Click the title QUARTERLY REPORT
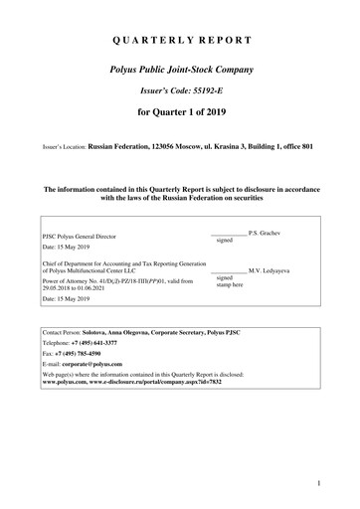pyautogui.click(x=180, y=42)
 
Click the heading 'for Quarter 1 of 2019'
pyautogui.click(x=180, y=127)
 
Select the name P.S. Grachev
pyautogui.click(x=269, y=232)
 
